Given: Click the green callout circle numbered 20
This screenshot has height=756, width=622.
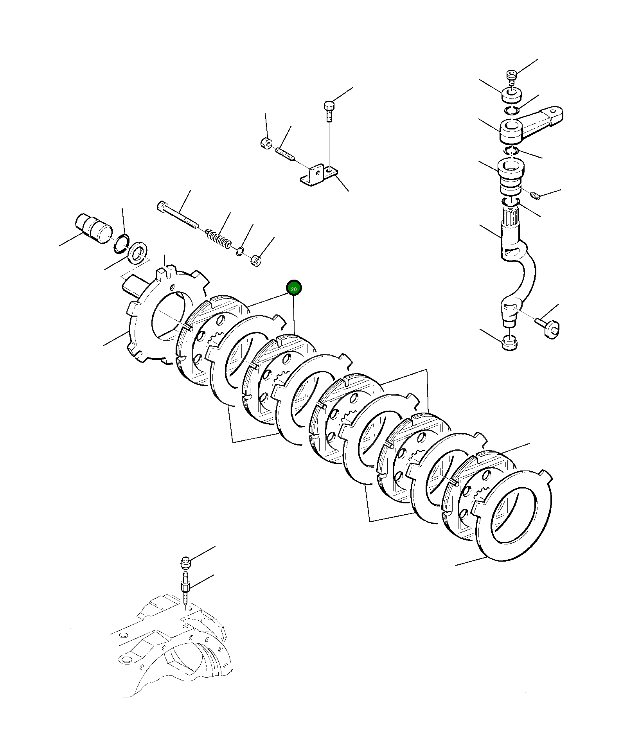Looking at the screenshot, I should (x=294, y=289).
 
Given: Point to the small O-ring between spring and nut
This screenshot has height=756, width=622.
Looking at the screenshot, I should (x=240, y=251).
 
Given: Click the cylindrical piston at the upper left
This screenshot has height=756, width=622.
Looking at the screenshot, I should (x=94, y=228).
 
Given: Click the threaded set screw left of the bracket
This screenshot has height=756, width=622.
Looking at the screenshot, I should (x=285, y=153).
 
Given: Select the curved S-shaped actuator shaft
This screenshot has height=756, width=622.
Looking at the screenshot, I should (x=516, y=266).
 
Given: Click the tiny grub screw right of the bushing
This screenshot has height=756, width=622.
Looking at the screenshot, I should (x=536, y=196).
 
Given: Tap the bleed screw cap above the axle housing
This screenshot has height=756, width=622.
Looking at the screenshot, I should (x=185, y=563).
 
